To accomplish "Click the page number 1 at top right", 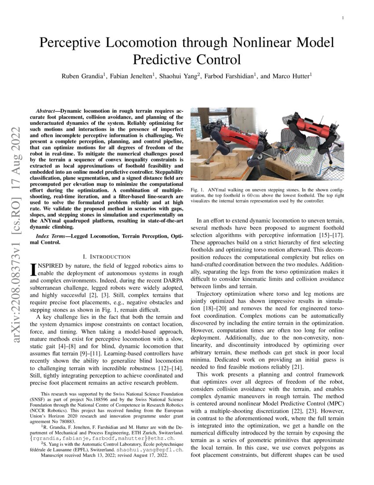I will coord(343,18).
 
